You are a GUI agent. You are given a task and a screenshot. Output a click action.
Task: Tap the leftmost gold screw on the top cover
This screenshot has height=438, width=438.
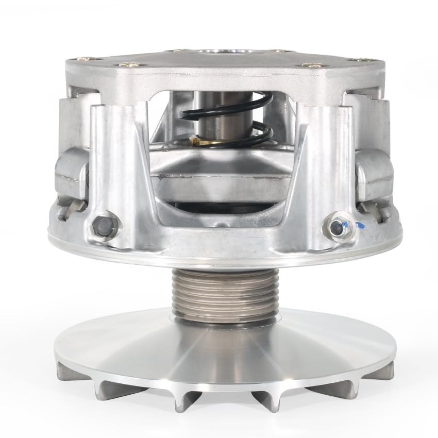point(125,65)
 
